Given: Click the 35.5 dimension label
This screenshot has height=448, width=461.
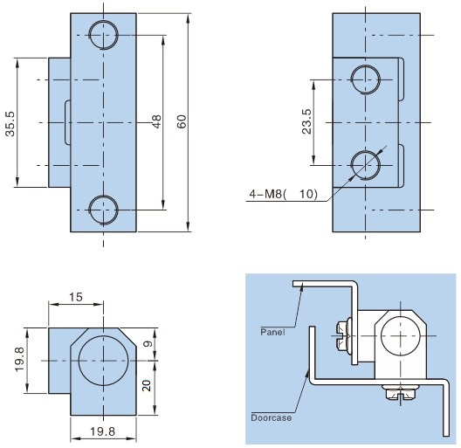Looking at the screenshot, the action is click(x=10, y=124).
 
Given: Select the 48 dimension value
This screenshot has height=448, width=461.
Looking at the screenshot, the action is click(x=156, y=121).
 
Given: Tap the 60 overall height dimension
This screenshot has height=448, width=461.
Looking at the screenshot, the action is click(x=182, y=121).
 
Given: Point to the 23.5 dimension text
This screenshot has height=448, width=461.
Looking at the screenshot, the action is click(x=306, y=121).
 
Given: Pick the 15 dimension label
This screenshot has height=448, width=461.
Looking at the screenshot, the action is click(x=76, y=297).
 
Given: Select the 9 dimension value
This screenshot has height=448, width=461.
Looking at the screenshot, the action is click(x=148, y=343).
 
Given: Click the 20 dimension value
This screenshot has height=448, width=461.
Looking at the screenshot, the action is click(x=147, y=386).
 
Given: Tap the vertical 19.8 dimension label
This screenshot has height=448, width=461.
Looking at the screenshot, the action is click(x=20, y=360).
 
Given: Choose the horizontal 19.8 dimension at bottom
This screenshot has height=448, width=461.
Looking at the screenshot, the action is click(x=103, y=431).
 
